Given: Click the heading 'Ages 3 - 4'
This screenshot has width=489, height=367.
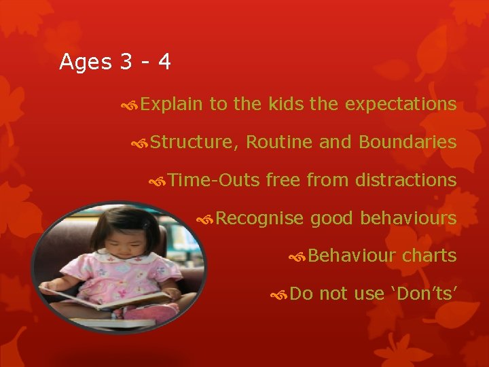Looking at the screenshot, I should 115,62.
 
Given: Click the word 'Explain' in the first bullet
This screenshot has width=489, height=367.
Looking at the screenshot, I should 172,104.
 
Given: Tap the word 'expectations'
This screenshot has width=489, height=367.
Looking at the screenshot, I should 400,104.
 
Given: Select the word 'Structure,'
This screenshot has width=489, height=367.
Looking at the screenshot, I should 194,142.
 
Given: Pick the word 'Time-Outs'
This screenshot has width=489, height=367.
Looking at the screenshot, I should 214,180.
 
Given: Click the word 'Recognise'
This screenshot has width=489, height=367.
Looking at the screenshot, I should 259,218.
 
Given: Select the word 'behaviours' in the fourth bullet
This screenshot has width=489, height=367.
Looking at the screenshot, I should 407,218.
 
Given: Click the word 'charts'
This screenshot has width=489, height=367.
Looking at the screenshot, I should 429,256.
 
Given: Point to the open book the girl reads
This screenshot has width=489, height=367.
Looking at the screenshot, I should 109,298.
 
